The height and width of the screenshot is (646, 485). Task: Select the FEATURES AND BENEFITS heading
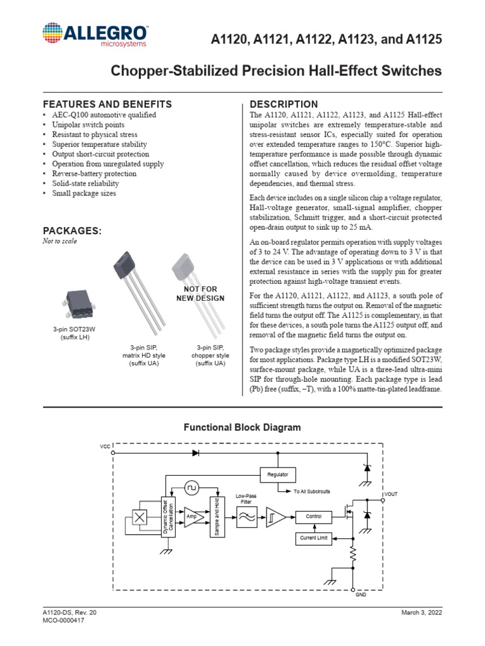(x=107, y=104)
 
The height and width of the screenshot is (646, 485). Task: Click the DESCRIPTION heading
(x=284, y=104)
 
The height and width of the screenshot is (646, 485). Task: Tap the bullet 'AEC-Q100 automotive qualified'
(x=104, y=115)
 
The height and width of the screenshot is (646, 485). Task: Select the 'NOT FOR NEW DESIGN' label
(x=200, y=293)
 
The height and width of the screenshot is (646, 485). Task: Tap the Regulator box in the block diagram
(x=278, y=474)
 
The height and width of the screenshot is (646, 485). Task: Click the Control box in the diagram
(x=314, y=517)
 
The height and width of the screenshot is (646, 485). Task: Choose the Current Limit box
(x=314, y=538)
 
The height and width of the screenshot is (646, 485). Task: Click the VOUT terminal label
(x=391, y=494)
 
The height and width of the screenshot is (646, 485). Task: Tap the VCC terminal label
(x=105, y=447)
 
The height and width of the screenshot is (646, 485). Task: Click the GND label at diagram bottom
(x=361, y=595)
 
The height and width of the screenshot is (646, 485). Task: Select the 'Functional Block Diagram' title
(x=242, y=427)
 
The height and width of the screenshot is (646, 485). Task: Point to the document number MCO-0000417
(x=64, y=621)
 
